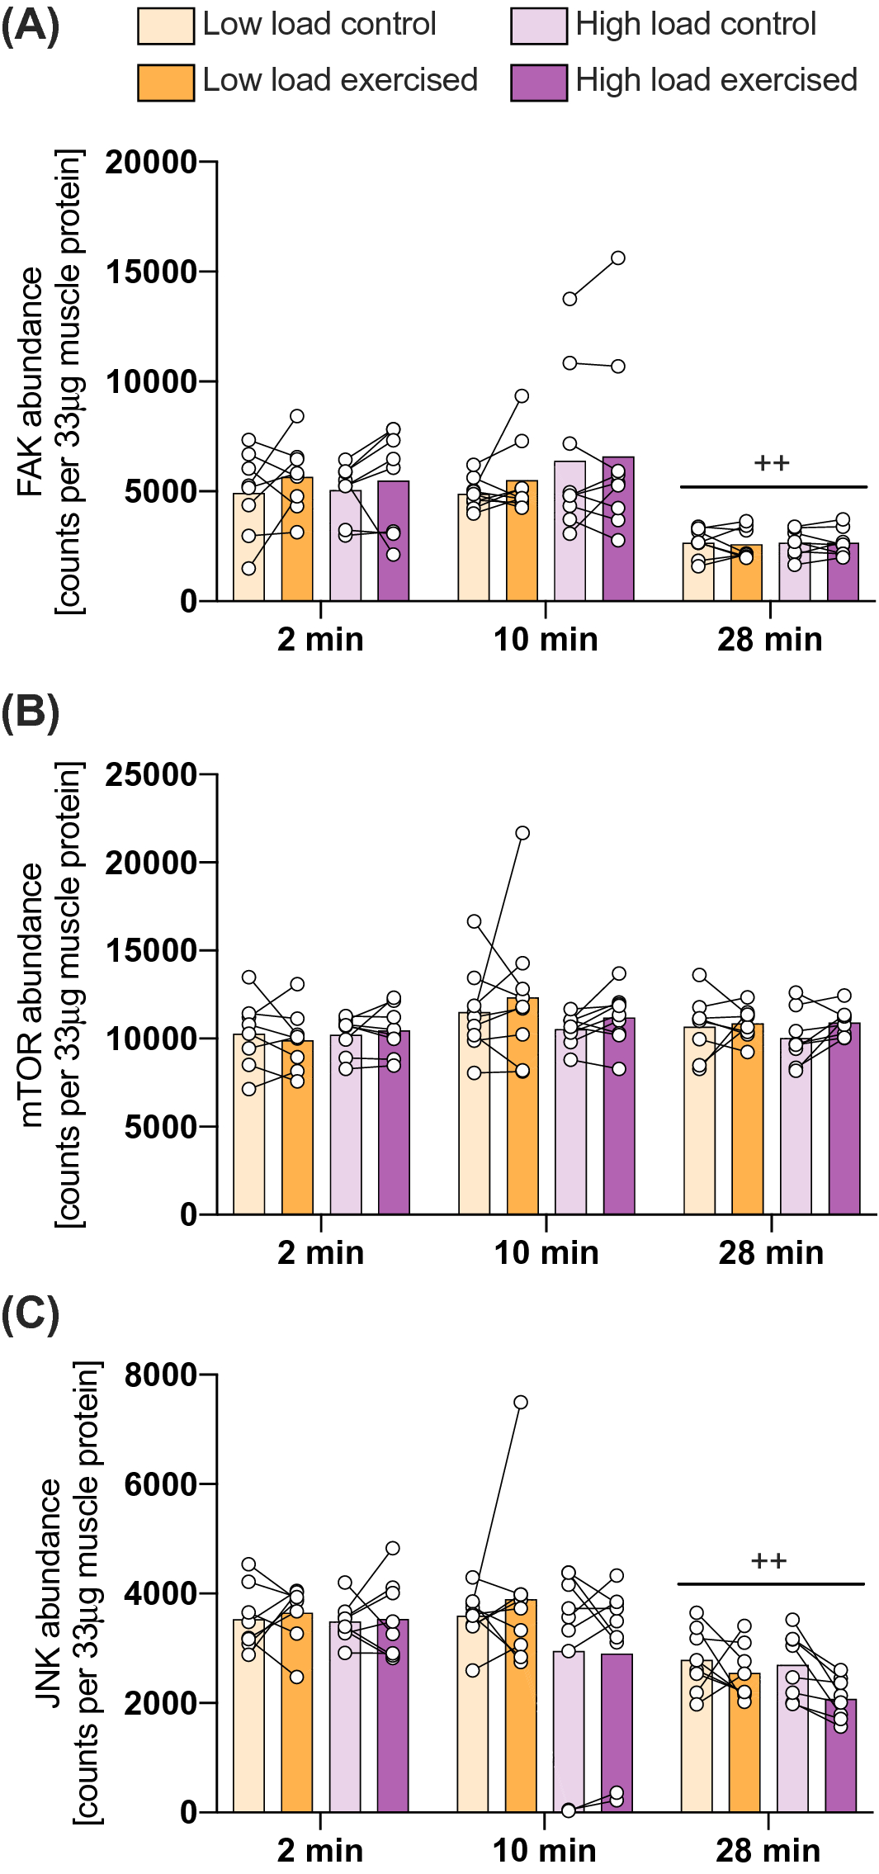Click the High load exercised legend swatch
pos(539,83)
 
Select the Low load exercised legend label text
pos(340,81)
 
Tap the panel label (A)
pos(30,26)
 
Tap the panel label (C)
pos(30,1313)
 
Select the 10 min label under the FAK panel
pos(546,640)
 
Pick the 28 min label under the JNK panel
pos(768,1850)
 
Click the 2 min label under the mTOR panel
pos(320,1252)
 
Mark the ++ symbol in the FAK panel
pos(772,463)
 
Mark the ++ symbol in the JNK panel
pos(768,1561)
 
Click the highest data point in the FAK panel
pos(617,258)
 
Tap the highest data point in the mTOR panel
pos(522,833)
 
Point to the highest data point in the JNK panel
pos(521,1403)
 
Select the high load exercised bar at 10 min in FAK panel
pos(618,528)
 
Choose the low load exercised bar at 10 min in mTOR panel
pos(522,1106)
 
